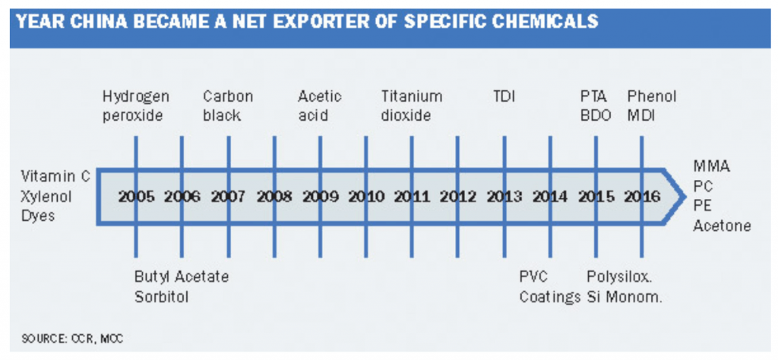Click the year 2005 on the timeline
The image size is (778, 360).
click(137, 197)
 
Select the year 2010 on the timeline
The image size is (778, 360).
click(366, 197)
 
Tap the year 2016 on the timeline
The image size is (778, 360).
click(642, 197)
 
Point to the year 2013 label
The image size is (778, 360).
click(504, 197)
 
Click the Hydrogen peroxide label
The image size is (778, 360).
click(135, 106)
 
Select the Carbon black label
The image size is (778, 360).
click(228, 106)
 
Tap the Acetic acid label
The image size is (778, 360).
click(320, 106)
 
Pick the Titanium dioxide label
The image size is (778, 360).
click(411, 106)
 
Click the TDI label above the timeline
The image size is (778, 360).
click(504, 96)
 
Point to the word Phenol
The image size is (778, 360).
click(652, 96)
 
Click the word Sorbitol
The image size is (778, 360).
click(161, 297)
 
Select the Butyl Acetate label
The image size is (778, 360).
click(182, 276)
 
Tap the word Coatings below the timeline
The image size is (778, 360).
click(550, 297)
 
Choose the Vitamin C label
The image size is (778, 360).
click(55, 176)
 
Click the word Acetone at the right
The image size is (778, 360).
click(722, 226)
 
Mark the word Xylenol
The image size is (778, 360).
click(46, 197)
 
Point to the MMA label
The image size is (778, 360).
click(711, 166)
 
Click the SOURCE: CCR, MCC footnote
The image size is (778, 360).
click(72, 339)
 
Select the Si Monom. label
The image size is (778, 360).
click(625, 297)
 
